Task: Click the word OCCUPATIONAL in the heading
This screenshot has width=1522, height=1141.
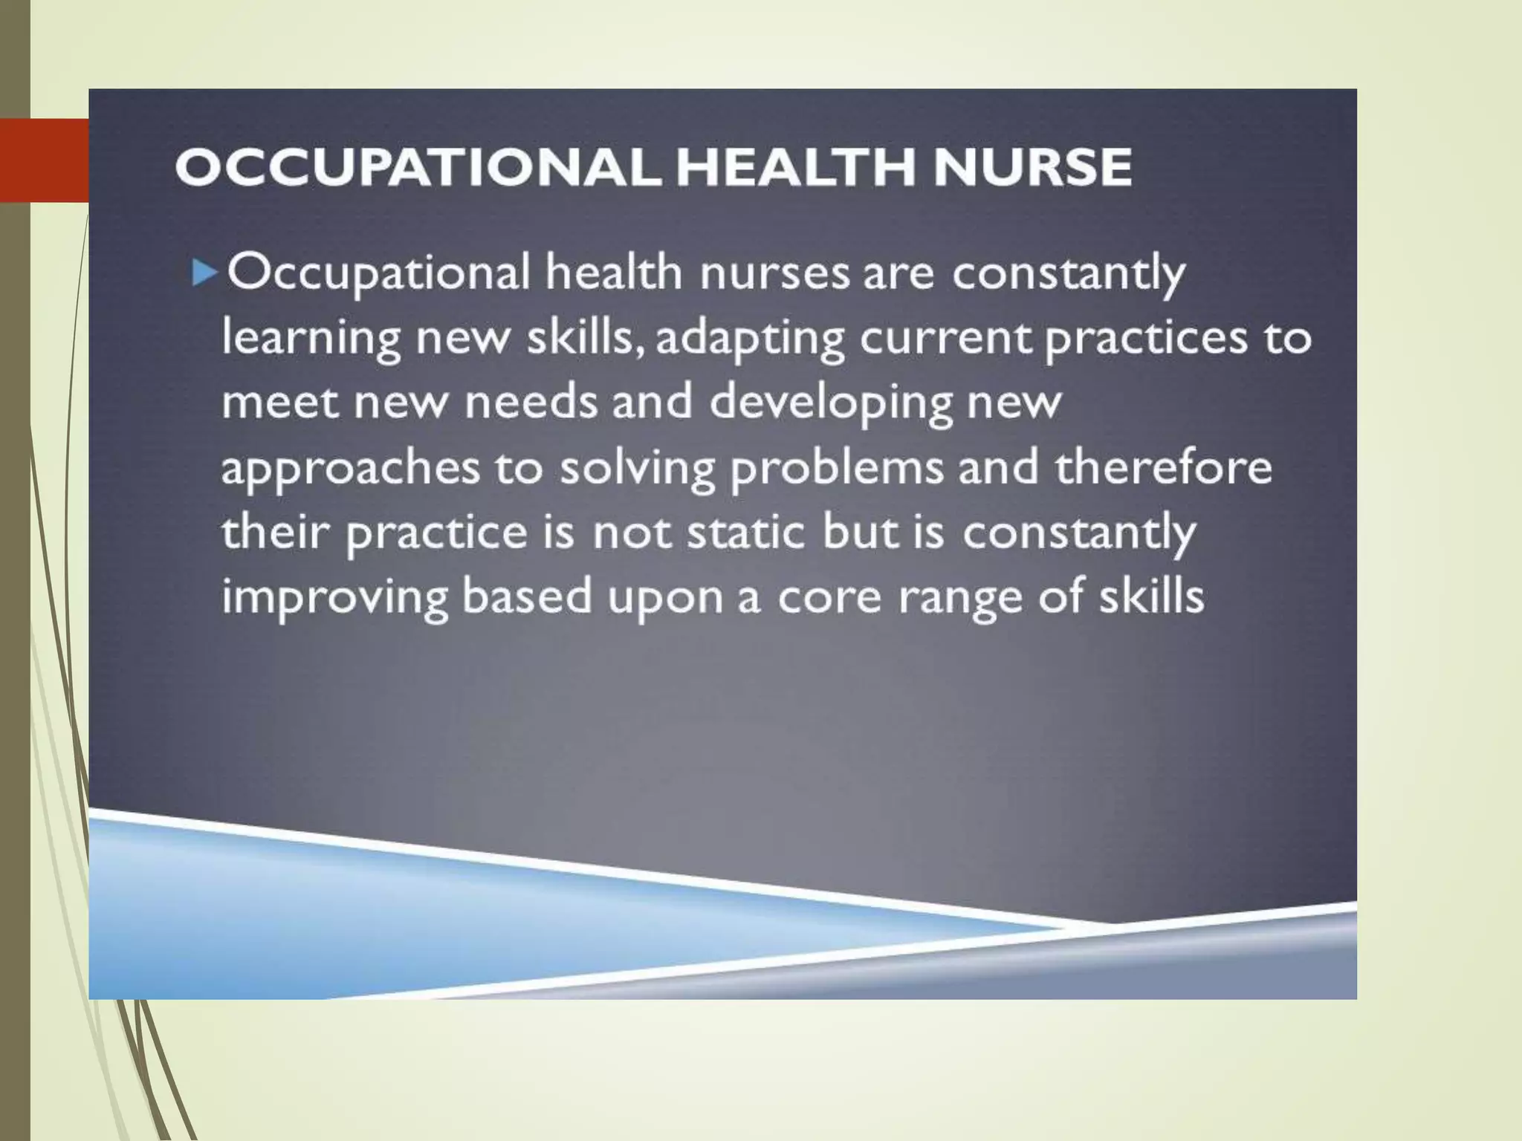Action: tap(416, 166)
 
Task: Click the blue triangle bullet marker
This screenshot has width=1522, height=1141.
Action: tap(204, 273)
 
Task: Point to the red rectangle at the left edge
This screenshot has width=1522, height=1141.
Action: tap(44, 160)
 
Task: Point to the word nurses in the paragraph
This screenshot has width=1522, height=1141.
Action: tap(774, 273)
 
